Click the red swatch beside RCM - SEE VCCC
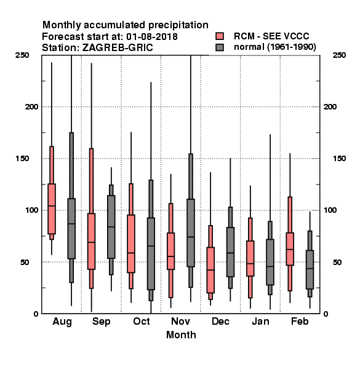[x=220, y=36]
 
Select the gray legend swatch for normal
[x=220, y=47]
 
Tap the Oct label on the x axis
[x=142, y=321]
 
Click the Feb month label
[x=300, y=321]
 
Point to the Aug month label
[x=62, y=322]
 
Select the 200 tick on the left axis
[x=31, y=107]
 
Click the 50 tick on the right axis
[x=337, y=262]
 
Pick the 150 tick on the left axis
[x=22, y=159]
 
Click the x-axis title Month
[x=181, y=335]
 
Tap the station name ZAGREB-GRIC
[x=118, y=48]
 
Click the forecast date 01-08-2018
[x=152, y=37]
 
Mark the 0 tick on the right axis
[x=326, y=314]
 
